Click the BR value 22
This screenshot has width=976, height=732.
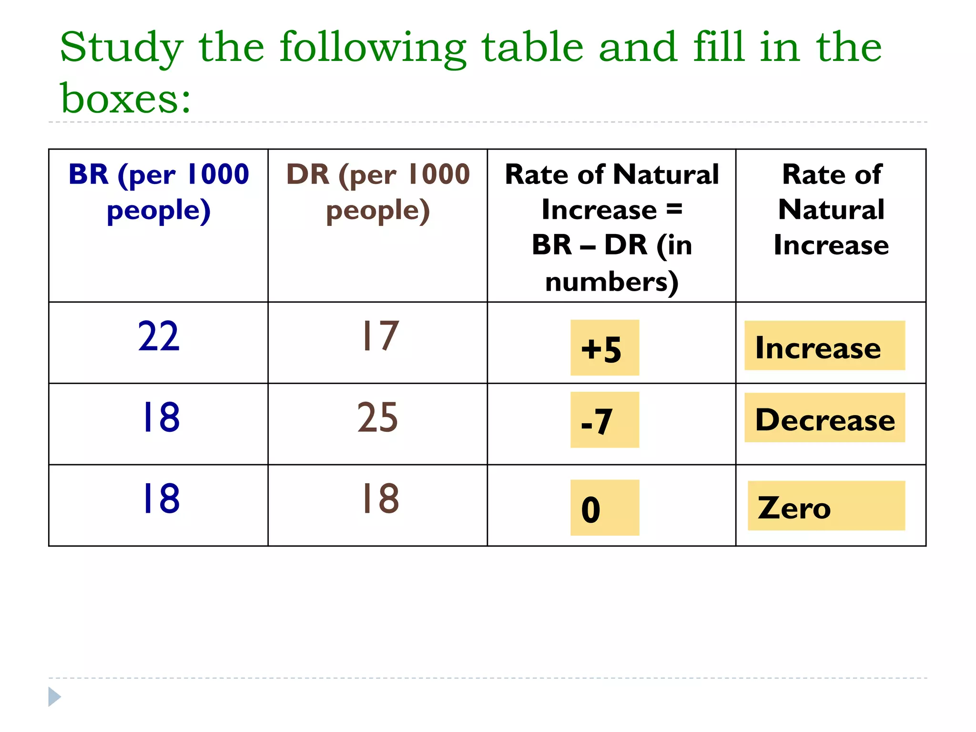point(159,337)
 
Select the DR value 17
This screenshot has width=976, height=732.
point(379,337)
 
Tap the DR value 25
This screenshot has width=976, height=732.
point(377,418)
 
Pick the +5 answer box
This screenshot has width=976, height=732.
point(604,348)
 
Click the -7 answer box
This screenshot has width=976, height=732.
point(604,420)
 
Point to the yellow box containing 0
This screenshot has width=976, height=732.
point(604,508)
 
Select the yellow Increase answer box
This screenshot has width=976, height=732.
point(824,346)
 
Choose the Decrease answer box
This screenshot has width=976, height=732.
point(824,418)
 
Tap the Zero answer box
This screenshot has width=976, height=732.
point(826,506)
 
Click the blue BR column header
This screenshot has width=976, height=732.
point(159,192)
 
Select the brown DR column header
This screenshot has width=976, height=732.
point(378,192)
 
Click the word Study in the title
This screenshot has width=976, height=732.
point(122,48)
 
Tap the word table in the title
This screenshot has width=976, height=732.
point(532,47)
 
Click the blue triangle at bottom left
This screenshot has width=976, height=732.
point(54,697)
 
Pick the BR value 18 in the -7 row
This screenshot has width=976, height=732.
point(161,418)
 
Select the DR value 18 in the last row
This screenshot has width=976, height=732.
point(380,499)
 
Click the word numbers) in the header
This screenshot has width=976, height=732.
point(611,282)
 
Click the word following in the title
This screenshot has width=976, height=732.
point(373,48)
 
